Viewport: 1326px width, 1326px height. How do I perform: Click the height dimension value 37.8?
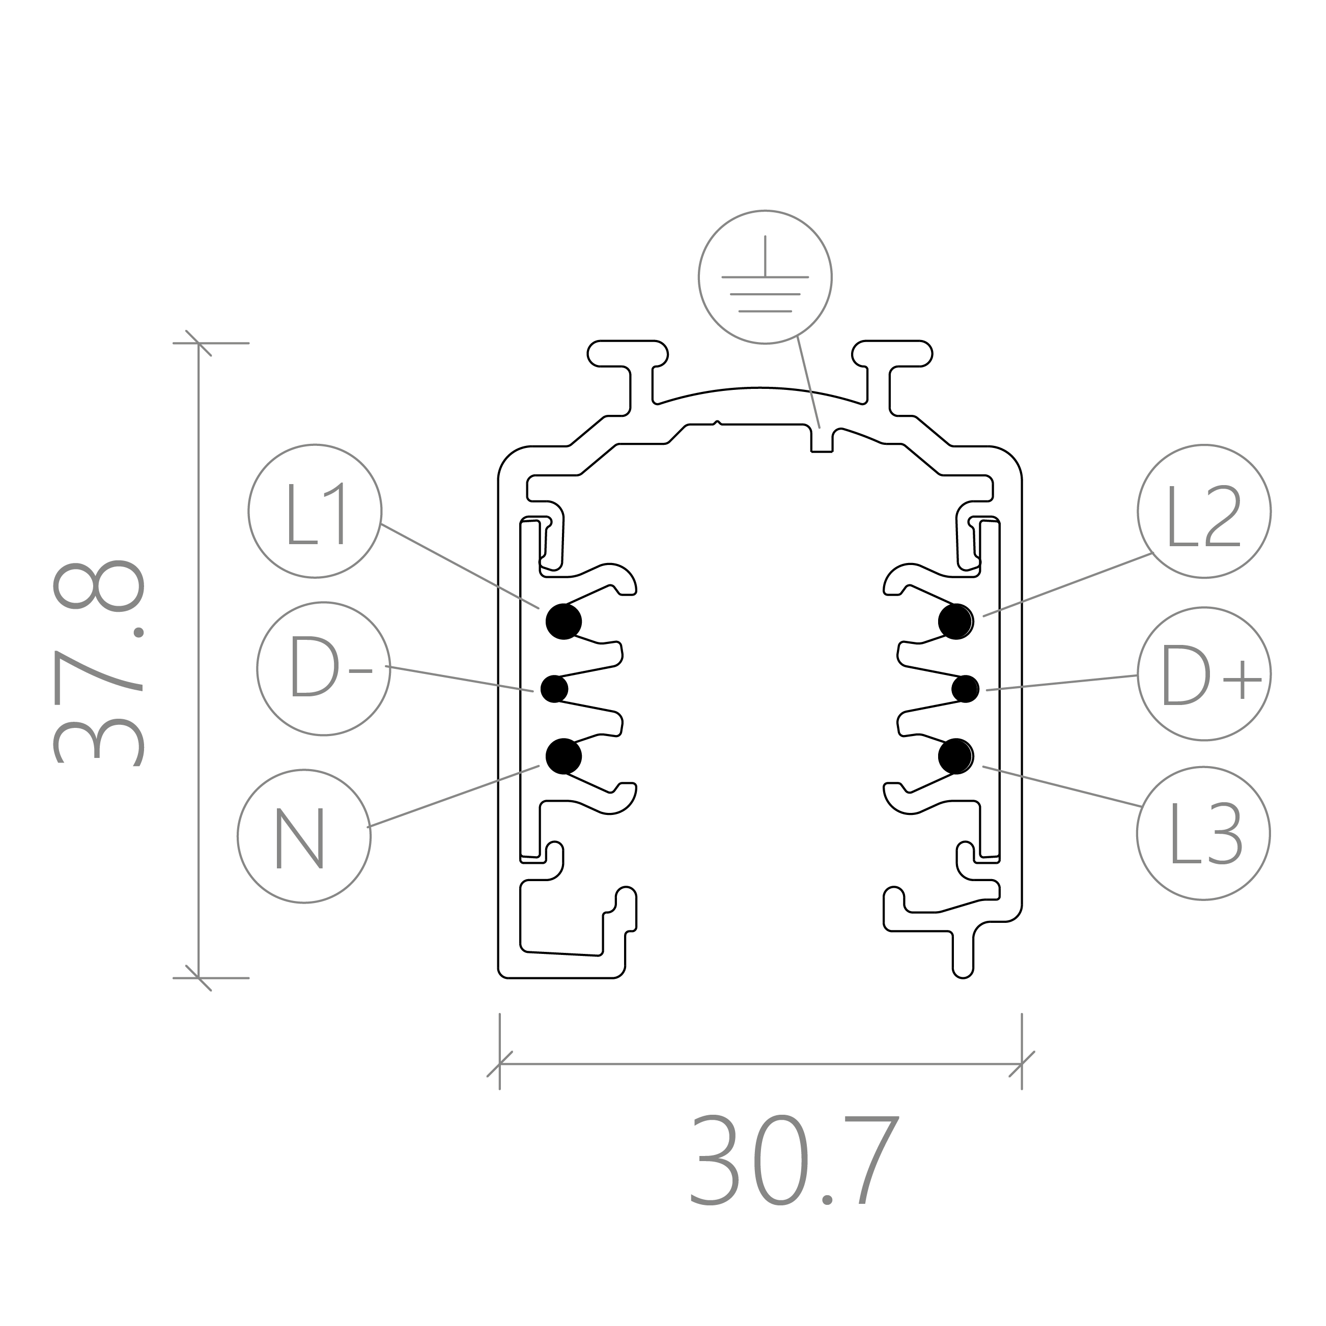click(x=99, y=662)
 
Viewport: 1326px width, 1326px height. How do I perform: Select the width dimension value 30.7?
click(x=794, y=1161)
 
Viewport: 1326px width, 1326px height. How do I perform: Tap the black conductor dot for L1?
click(x=563, y=622)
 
